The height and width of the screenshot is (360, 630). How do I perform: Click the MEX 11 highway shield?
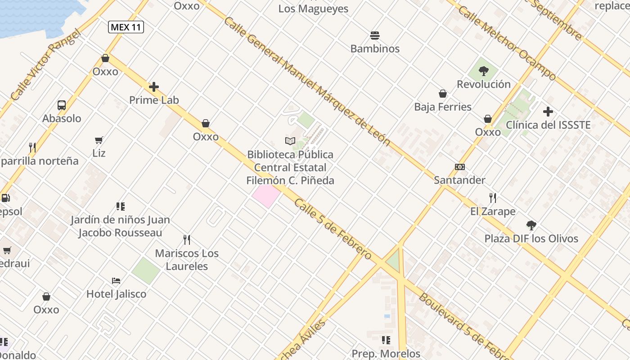coord(126,27)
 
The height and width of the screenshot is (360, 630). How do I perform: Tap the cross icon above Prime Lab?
coord(154,86)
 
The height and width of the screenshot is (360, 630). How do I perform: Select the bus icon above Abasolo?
coord(62,105)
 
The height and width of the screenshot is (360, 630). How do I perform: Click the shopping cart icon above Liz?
coord(99,140)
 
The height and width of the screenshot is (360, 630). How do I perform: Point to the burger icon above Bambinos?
coord(375,35)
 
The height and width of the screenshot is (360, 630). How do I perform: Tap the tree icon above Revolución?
coord(484,71)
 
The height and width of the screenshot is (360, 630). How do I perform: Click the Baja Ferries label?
coord(443,107)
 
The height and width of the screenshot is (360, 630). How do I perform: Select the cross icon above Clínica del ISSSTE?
coord(548,111)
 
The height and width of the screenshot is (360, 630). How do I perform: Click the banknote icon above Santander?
coord(459,167)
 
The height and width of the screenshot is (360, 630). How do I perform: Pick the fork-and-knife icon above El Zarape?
coord(493,198)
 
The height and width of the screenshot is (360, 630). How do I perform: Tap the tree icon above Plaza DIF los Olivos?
coord(531,225)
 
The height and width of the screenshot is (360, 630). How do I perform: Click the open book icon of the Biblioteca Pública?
coord(290,141)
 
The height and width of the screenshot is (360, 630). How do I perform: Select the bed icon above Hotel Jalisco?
coord(116,281)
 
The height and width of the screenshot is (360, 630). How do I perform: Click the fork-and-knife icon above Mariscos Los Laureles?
coord(187,239)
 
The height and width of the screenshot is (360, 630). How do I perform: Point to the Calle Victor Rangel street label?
coord(46,65)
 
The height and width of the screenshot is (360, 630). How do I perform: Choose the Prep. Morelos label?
coord(386,354)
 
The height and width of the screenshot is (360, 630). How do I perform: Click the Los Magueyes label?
coord(313,9)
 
